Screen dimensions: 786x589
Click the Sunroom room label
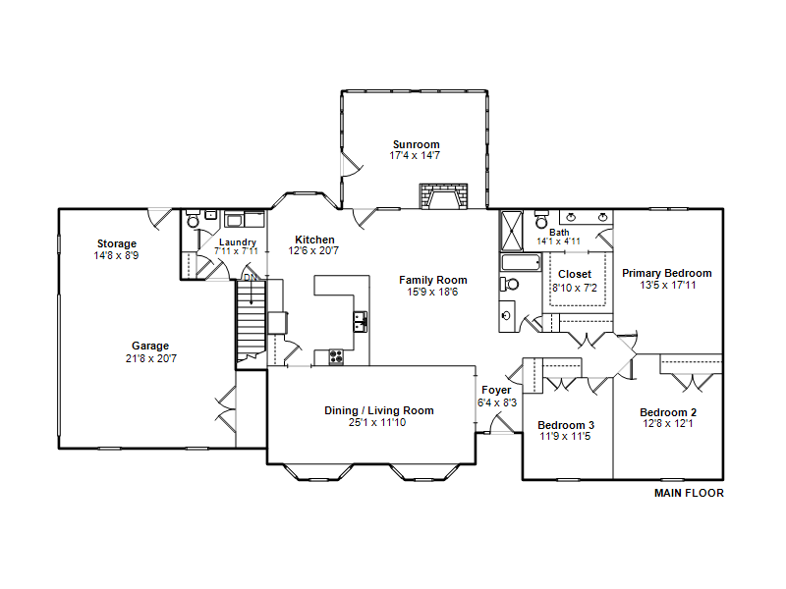(416, 144)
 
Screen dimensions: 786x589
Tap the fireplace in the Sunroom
(444, 195)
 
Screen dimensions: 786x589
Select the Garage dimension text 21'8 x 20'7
(151, 358)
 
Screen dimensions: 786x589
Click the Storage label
(117, 243)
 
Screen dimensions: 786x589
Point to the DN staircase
(251, 320)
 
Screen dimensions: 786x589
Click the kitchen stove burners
(336, 356)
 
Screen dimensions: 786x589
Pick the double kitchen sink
(361, 322)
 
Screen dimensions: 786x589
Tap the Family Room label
(433, 280)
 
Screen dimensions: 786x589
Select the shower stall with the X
(512, 231)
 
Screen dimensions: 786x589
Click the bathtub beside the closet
(522, 263)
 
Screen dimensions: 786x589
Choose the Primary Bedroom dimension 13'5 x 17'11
(668, 285)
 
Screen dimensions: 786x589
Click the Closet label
(575, 274)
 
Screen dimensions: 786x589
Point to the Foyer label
(497, 390)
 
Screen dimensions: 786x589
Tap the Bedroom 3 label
(566, 425)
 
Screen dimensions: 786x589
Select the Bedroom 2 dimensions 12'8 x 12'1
(668, 424)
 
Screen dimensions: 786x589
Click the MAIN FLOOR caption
(690, 493)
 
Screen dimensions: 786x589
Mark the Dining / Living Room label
(379, 410)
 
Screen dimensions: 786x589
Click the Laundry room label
(238, 241)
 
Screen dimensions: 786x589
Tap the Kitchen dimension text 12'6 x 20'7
(313, 250)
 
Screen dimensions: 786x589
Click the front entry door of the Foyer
(502, 424)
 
